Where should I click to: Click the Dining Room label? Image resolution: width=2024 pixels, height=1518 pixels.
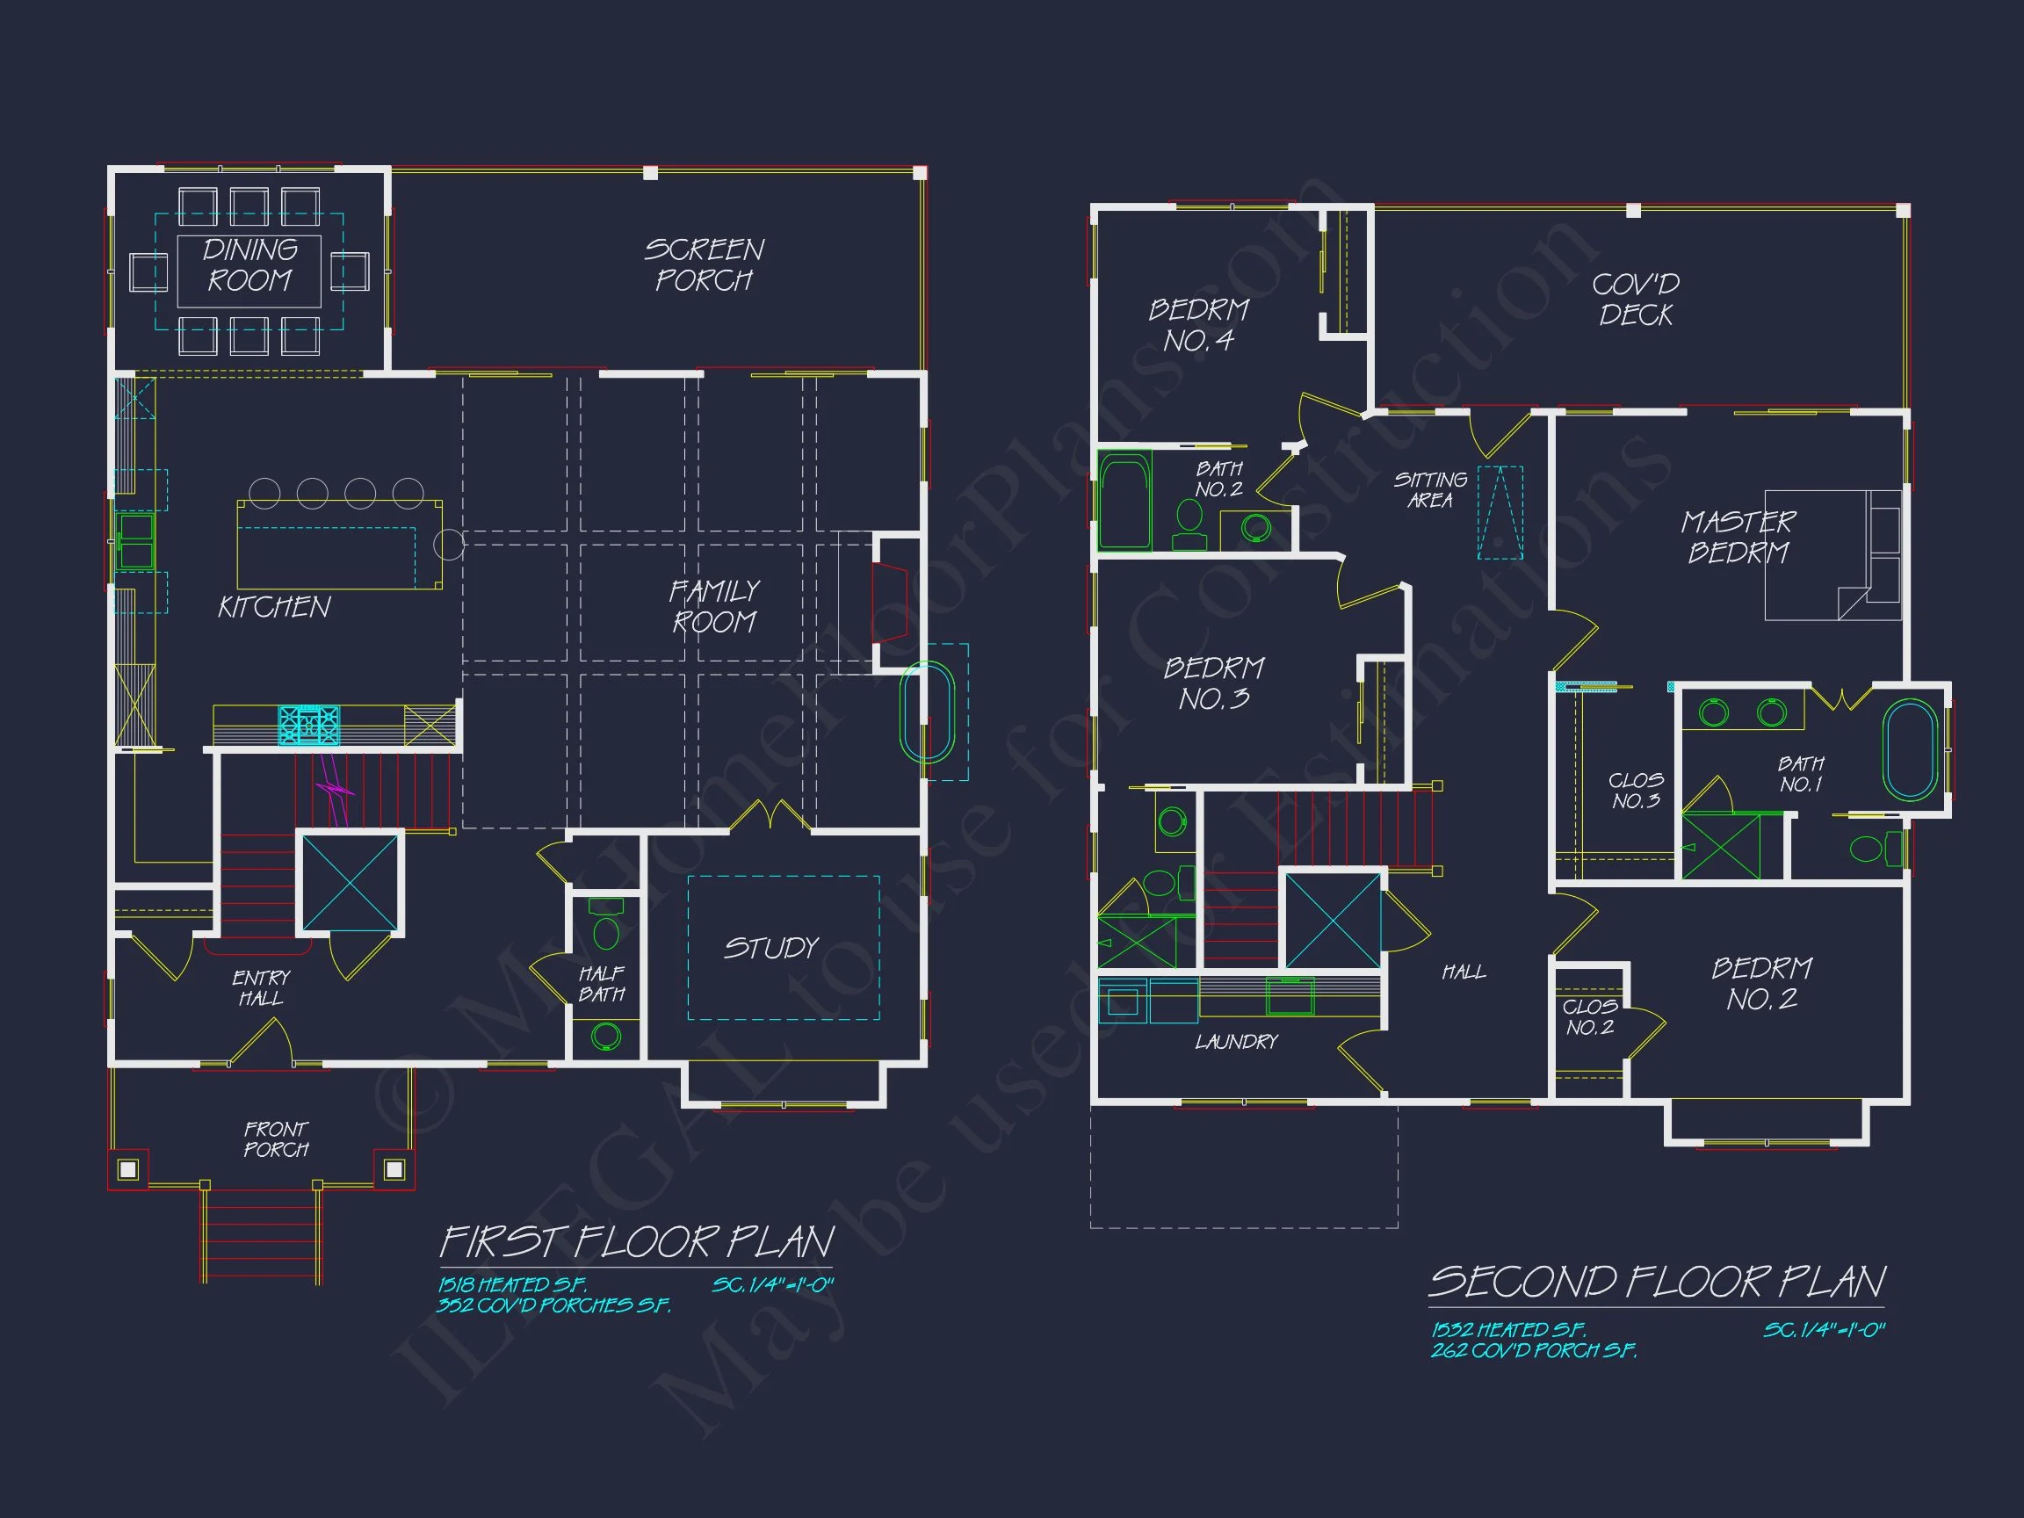tap(249, 264)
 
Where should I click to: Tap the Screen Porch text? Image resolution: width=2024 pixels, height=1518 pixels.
tap(704, 264)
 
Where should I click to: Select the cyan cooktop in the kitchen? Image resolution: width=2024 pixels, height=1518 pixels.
tap(309, 725)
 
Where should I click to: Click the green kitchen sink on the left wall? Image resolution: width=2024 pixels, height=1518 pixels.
tap(135, 541)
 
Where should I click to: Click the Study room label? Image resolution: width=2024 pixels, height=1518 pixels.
tap(771, 948)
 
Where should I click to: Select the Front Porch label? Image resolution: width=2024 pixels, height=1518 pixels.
tap(276, 1139)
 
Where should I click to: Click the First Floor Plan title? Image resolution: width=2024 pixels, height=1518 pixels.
tap(637, 1242)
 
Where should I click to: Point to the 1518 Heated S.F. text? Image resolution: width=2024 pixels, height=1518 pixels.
tap(511, 1284)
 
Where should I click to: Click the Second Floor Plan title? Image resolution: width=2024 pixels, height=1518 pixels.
tap(1656, 1282)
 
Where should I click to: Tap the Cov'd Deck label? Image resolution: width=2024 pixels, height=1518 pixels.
tap(1635, 300)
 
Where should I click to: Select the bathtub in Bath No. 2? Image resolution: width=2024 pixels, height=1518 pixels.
tap(1124, 502)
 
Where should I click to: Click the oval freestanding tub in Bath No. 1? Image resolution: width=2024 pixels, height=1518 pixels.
tap(1910, 750)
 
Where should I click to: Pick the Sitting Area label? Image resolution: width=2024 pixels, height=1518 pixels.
tap(1430, 490)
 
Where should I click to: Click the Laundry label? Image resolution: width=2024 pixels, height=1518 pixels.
tap(1236, 1041)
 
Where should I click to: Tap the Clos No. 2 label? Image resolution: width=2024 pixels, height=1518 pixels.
tap(1589, 1016)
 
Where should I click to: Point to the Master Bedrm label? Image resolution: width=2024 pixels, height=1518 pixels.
tap(1738, 537)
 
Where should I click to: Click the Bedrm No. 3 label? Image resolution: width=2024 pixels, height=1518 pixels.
tap(1214, 683)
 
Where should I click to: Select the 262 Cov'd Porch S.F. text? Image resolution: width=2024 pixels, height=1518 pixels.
tap(1534, 1350)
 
